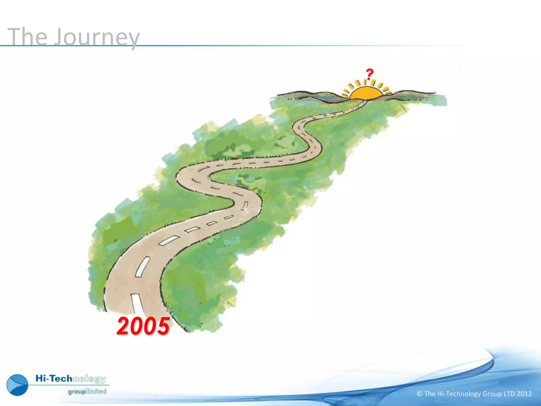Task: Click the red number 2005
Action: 143,326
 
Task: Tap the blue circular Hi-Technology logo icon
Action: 17,385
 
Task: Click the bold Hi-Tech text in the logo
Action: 54,379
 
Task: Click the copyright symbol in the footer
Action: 419,394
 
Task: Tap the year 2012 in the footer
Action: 524,394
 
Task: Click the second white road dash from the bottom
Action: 143,266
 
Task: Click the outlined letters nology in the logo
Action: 90,379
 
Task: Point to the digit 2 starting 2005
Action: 123,326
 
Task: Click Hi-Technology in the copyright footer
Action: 459,394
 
